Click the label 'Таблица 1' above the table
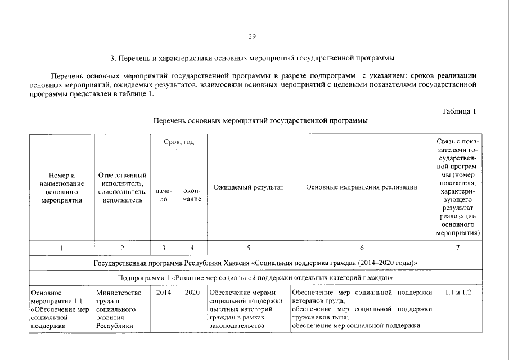[x=459, y=111]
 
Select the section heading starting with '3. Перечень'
[x=252, y=58]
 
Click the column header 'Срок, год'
[x=178, y=142]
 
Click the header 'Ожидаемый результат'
[x=248, y=187]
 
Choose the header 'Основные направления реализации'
[x=362, y=187]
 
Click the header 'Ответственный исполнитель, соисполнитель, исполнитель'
[x=122, y=187]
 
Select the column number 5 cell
[x=248, y=248]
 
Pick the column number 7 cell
[x=458, y=248]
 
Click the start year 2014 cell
[x=164, y=292]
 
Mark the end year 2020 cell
[x=192, y=292]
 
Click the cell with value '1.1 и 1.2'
[x=458, y=292]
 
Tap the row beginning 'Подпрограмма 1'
[x=255, y=278]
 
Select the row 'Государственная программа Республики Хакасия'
[x=255, y=263]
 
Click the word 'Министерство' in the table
[x=119, y=292]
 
